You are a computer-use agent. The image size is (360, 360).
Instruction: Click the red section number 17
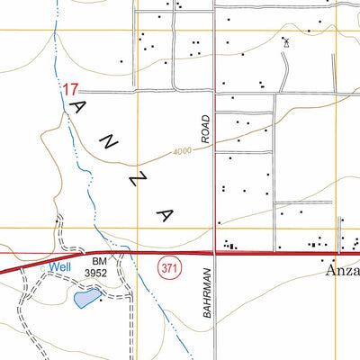coord(71,90)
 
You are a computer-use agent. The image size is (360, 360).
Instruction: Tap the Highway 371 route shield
coord(166,267)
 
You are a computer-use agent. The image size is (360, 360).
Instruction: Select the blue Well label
coord(59,266)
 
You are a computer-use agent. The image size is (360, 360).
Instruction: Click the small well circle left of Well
coord(42,266)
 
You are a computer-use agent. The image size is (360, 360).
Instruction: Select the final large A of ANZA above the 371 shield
coord(164,214)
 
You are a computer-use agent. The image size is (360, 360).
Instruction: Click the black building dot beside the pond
coord(101,300)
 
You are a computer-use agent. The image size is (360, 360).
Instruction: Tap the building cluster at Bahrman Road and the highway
coord(231,245)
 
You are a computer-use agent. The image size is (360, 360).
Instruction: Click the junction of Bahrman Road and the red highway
coord(214,253)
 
